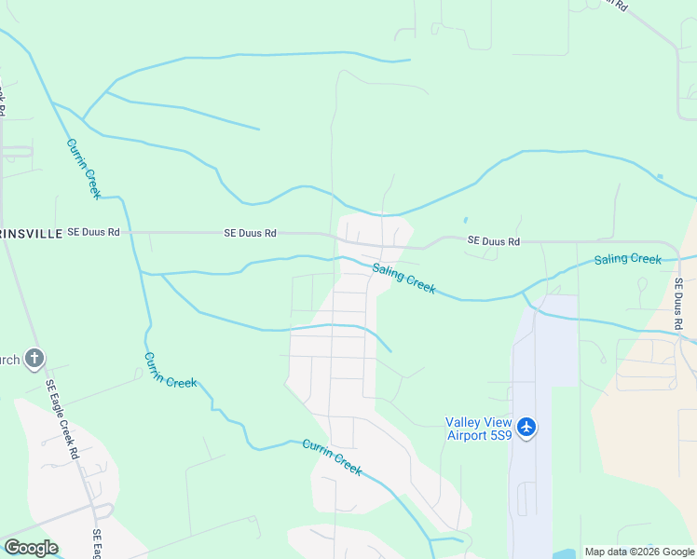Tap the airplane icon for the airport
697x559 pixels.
coord(527,427)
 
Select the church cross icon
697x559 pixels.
coord(34,357)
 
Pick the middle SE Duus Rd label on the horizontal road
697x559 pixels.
coord(251,233)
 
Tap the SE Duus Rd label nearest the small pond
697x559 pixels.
coord(493,241)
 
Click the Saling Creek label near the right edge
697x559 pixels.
coord(628,259)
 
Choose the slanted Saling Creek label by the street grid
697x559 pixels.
coord(404,279)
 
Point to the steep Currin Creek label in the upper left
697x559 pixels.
coord(83,169)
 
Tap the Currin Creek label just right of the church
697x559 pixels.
coord(170,370)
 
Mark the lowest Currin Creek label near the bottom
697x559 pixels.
coord(331,457)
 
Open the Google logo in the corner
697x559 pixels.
coord(31,548)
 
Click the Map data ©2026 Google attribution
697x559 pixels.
coord(640,552)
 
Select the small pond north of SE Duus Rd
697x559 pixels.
coord(465,221)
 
